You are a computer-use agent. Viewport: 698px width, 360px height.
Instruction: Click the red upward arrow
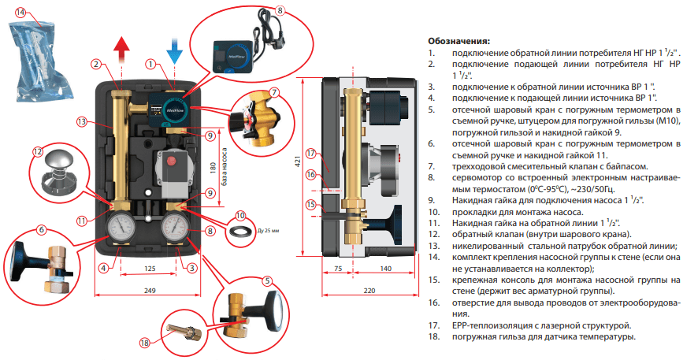click(121, 49)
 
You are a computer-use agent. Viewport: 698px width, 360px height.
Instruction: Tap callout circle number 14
click(20, 13)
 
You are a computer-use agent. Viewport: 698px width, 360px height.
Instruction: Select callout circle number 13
click(81, 121)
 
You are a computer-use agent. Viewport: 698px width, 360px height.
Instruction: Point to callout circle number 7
click(275, 93)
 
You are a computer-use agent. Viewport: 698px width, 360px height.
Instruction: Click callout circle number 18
click(145, 343)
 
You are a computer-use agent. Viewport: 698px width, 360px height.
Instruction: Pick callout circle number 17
click(310, 154)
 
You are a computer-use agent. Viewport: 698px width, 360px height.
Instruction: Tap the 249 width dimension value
click(150, 291)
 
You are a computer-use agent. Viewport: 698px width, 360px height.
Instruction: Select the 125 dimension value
click(150, 269)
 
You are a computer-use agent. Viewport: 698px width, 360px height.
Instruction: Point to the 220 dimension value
click(369, 291)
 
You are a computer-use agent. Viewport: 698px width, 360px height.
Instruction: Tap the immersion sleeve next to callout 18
click(183, 330)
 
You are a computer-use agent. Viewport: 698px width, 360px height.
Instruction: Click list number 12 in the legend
click(433, 235)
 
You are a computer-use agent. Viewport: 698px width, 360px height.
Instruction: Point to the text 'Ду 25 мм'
click(269, 231)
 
